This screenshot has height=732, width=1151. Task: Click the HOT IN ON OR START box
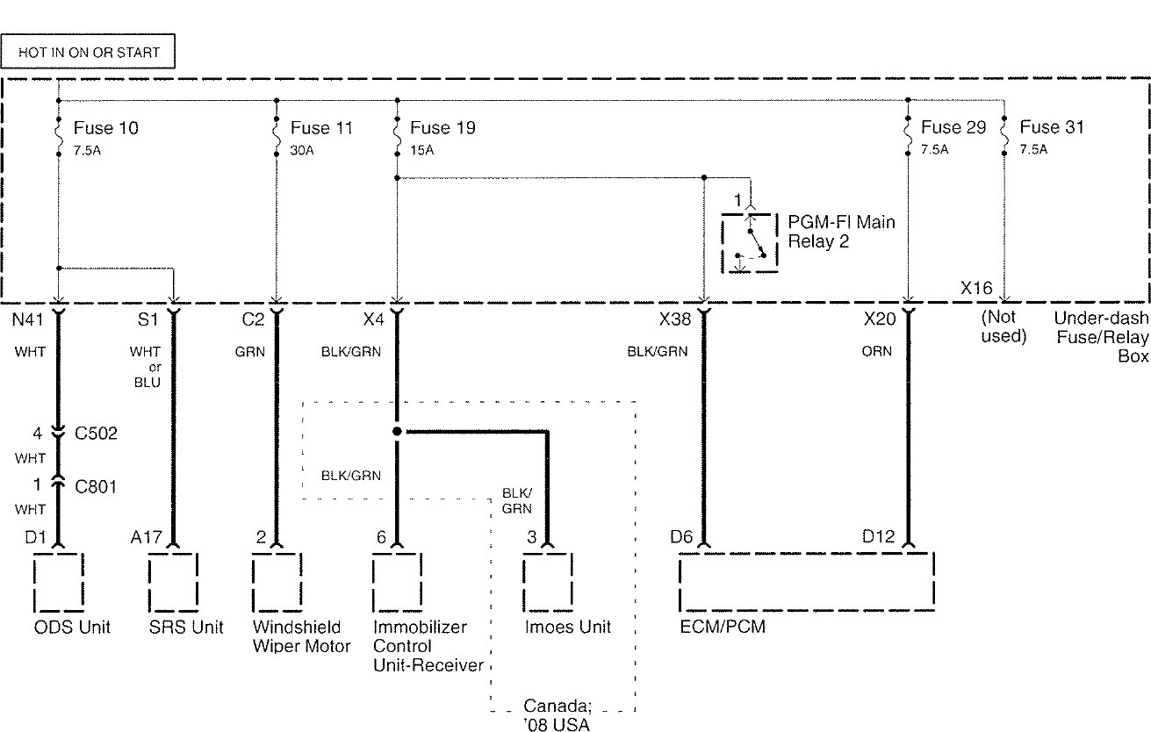(x=89, y=53)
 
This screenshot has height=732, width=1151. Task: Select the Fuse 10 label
(x=105, y=128)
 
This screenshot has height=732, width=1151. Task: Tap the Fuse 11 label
(x=322, y=128)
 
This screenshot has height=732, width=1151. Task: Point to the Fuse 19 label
(x=442, y=128)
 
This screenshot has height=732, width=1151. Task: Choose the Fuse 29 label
(x=953, y=128)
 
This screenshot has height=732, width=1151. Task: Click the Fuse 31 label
(x=1052, y=128)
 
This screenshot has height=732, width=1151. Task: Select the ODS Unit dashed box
(x=59, y=582)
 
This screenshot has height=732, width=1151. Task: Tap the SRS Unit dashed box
(x=173, y=582)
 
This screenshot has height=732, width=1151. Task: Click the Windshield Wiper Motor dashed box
(x=277, y=582)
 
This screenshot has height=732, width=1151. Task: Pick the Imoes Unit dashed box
(x=549, y=582)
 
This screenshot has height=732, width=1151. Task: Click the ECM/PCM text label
(x=716, y=628)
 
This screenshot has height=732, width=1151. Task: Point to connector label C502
(x=97, y=433)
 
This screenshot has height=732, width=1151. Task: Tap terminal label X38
(x=674, y=319)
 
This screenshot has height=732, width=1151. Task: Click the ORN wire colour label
(x=876, y=351)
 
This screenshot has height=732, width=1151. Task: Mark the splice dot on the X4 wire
(x=397, y=432)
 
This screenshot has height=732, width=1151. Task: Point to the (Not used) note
(x=1004, y=327)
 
